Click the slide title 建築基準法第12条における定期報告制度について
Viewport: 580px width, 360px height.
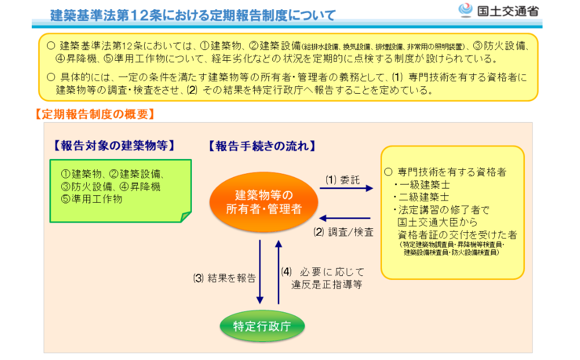pos(193,14)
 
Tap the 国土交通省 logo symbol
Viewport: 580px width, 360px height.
pos(465,10)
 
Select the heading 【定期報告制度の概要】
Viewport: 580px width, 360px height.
pos(94,114)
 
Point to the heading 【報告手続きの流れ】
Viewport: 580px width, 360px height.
pos(262,146)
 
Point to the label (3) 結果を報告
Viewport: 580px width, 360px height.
pos(224,278)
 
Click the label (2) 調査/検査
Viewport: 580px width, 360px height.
pos(344,232)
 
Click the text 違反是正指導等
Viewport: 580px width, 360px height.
pos(327,283)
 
